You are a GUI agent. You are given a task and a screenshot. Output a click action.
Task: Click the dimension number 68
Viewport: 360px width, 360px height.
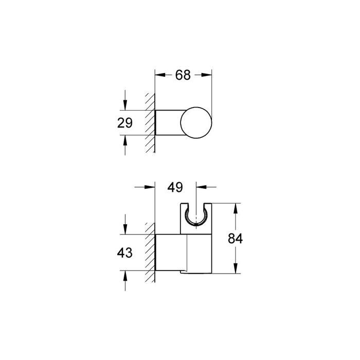pos(183,75)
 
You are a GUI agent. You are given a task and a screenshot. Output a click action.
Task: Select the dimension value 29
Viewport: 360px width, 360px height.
pos(124,123)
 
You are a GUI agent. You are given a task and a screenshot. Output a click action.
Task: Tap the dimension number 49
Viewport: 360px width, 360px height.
pos(175,188)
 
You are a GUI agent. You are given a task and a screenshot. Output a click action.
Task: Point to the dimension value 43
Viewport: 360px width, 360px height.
pos(124,253)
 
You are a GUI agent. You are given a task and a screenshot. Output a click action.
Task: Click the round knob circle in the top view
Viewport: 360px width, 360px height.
pos(196,123)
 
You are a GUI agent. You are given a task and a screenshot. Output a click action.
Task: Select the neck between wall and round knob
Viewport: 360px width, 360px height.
pos(168,123)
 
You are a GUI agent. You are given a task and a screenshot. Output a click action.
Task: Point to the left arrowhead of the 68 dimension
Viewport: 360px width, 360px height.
pos(159,75)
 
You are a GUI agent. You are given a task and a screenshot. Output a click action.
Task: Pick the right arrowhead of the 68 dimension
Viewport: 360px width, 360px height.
pos(208,75)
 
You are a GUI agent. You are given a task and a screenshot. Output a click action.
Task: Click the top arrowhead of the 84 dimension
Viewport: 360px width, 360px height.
pos(236,208)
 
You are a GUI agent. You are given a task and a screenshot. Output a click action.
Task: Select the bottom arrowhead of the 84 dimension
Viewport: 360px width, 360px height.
pos(236,269)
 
